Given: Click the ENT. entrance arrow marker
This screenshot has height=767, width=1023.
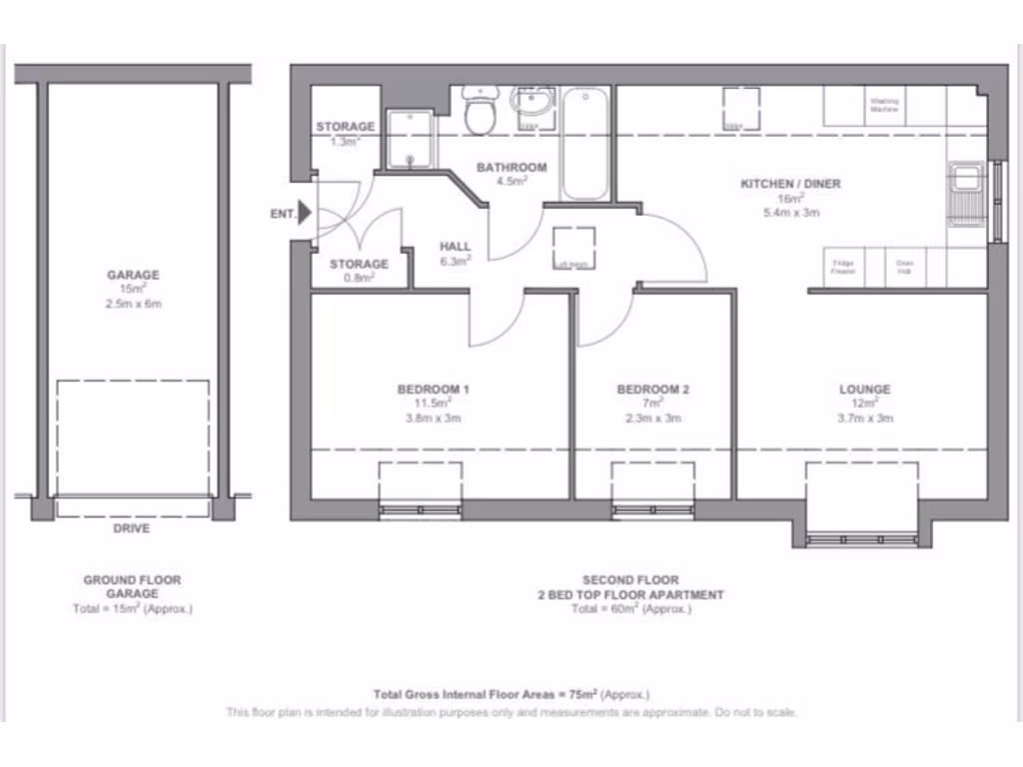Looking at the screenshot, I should click(x=305, y=213).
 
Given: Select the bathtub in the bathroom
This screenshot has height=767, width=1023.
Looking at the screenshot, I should click(x=584, y=144).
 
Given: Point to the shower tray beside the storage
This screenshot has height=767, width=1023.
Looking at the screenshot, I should click(x=411, y=140).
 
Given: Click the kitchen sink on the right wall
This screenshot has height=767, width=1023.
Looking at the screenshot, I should click(x=966, y=192).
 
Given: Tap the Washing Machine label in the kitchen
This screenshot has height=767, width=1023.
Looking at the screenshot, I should click(x=884, y=105).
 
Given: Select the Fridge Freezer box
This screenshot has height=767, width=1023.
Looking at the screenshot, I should click(x=844, y=268).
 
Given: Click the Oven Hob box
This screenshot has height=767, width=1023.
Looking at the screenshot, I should click(x=904, y=268).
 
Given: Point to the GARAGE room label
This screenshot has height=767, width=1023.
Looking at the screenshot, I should click(x=133, y=275).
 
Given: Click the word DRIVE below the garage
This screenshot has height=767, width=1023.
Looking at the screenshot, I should click(x=131, y=527).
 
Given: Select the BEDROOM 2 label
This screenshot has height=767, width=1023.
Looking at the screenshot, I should click(x=652, y=389).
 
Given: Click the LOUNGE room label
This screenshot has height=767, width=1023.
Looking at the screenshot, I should click(x=864, y=389).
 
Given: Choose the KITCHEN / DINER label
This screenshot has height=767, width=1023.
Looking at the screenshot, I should click(x=790, y=184).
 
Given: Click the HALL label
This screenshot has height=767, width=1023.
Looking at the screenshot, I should click(x=455, y=247).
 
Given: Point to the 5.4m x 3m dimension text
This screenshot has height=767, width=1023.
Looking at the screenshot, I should click(x=790, y=213).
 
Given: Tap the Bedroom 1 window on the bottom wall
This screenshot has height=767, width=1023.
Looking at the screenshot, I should click(x=421, y=510).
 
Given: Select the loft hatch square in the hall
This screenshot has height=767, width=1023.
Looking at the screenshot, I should click(x=573, y=248).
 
